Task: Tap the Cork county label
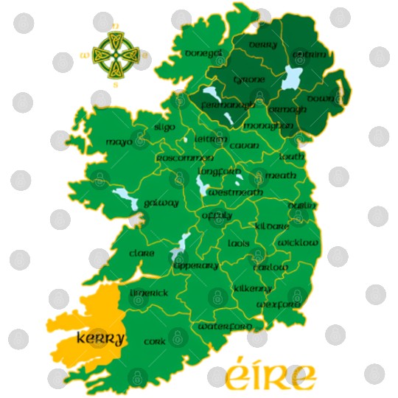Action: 155,342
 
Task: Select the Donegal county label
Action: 204,54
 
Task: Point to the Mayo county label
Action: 119,142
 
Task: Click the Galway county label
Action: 161,203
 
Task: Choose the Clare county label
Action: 142,254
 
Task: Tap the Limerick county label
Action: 149,293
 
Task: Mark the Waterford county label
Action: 225,326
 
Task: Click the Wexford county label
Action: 278,304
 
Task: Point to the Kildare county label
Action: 272,226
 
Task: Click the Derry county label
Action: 262,46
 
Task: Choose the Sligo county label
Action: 164,127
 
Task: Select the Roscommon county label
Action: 184,158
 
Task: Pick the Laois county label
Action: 239,243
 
